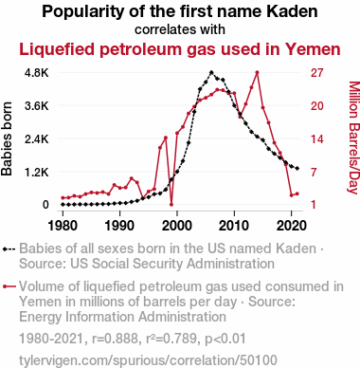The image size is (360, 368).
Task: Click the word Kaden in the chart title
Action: click(292, 11)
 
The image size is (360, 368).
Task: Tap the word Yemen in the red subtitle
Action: click(313, 49)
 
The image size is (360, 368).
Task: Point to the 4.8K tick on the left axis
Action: click(37, 73)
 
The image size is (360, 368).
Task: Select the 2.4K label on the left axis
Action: click(37, 138)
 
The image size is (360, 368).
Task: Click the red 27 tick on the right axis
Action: click(317, 73)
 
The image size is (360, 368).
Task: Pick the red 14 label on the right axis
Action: click(317, 138)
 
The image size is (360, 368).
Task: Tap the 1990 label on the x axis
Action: click(120, 226)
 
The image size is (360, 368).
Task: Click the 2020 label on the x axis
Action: click(291, 226)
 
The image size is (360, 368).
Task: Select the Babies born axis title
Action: click(7, 138)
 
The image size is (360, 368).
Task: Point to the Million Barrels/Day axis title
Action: click(354, 138)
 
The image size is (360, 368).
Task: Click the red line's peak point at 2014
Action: click(258, 72)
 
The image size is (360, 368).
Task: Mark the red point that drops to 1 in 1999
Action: click(171, 205)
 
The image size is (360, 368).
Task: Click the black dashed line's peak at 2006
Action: click(211, 72)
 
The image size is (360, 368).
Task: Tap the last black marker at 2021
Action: click(297, 169)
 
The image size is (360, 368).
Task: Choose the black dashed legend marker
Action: click(9, 249)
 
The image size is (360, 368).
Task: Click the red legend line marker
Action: click(9, 286)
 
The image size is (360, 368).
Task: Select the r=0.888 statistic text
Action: click(115, 339)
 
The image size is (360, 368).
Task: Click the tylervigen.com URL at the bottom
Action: click(148, 360)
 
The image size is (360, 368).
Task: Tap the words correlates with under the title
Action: click(180, 29)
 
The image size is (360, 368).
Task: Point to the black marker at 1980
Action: click(63, 205)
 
